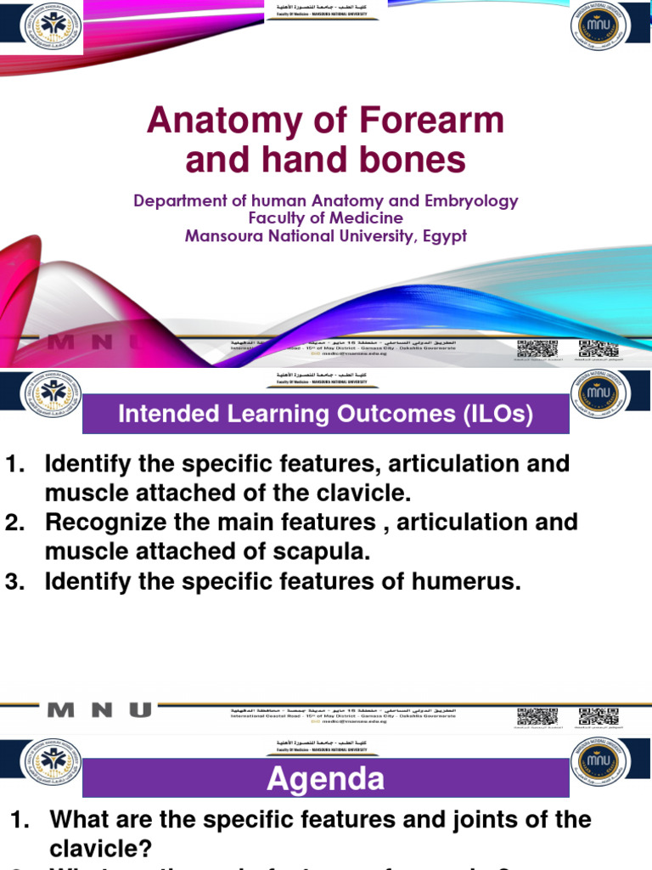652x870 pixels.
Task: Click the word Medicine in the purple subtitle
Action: click(x=357, y=218)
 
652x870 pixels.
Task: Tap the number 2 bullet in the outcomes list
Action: click(x=14, y=522)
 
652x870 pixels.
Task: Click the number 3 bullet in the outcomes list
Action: click(x=14, y=582)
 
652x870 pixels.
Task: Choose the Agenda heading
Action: click(x=326, y=778)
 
